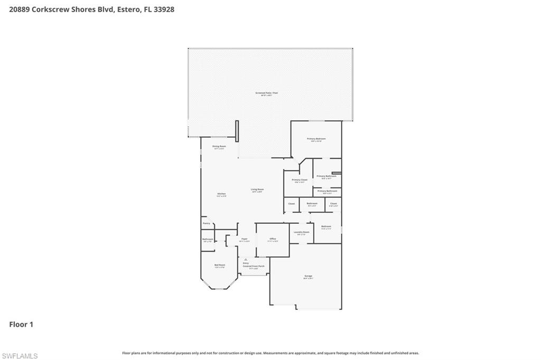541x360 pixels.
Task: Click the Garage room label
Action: (x=308, y=277)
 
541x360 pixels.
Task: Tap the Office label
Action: (x=273, y=239)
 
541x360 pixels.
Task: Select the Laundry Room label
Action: (x=302, y=232)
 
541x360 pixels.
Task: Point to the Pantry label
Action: (x=207, y=223)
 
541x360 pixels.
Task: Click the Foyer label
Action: (x=244, y=239)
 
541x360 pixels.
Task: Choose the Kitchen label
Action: (x=221, y=194)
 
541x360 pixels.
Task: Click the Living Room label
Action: (x=257, y=190)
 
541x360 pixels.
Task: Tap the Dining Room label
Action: (x=219, y=146)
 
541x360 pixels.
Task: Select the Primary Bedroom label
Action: (x=316, y=139)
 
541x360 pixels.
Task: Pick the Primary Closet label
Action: (x=300, y=180)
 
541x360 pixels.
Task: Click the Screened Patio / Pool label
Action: (x=267, y=93)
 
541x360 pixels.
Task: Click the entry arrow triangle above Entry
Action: (x=246, y=259)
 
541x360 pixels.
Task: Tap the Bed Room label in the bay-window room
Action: (x=220, y=265)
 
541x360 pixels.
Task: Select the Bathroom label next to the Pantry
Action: (x=208, y=239)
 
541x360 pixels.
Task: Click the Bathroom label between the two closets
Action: (x=312, y=203)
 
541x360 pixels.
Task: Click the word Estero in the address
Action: (x=129, y=10)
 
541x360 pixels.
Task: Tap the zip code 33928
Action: (x=164, y=10)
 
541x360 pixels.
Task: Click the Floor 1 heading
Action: (x=21, y=325)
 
